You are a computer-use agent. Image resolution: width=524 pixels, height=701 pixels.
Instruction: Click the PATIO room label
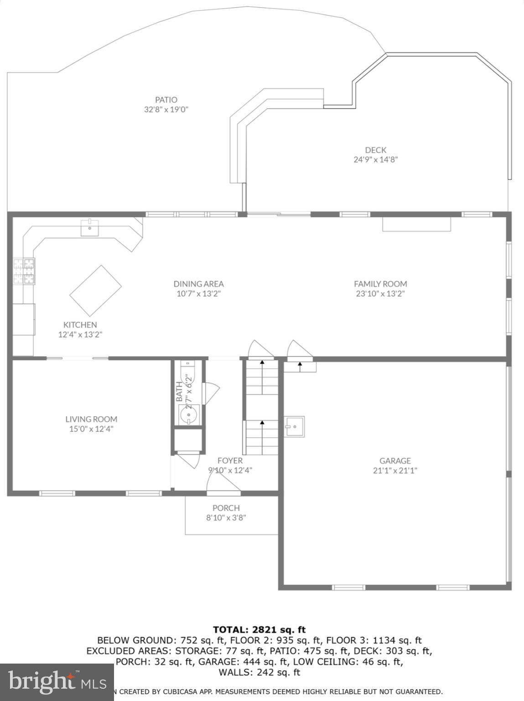click(166, 99)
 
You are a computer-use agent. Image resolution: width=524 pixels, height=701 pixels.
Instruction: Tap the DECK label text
click(375, 150)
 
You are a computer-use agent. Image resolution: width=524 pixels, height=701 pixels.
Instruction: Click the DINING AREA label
click(198, 283)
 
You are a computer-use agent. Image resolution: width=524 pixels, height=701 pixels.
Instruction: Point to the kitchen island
click(95, 291)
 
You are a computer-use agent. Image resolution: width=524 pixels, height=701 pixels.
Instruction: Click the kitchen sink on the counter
click(90, 227)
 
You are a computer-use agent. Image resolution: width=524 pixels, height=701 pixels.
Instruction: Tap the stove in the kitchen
click(24, 271)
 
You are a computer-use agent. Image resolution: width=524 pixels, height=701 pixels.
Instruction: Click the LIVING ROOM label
click(91, 419)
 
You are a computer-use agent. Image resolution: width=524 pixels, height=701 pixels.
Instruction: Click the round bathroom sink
click(188, 415)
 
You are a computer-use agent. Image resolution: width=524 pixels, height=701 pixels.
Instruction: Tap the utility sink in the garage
click(295, 427)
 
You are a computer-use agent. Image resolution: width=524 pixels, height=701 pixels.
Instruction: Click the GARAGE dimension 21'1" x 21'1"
click(395, 471)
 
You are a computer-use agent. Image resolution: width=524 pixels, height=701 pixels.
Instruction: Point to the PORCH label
click(226, 508)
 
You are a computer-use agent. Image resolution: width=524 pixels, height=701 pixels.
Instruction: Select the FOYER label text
click(230, 460)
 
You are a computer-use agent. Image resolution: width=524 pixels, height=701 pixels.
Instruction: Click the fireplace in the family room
click(416, 224)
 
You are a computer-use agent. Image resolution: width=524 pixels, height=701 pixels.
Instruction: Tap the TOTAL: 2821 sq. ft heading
click(259, 630)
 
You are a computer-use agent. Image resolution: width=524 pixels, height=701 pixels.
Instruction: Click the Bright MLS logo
click(57, 682)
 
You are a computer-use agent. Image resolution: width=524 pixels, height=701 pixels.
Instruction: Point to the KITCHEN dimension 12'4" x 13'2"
click(80, 335)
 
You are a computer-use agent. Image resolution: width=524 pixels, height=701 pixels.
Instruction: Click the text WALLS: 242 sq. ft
click(259, 672)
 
